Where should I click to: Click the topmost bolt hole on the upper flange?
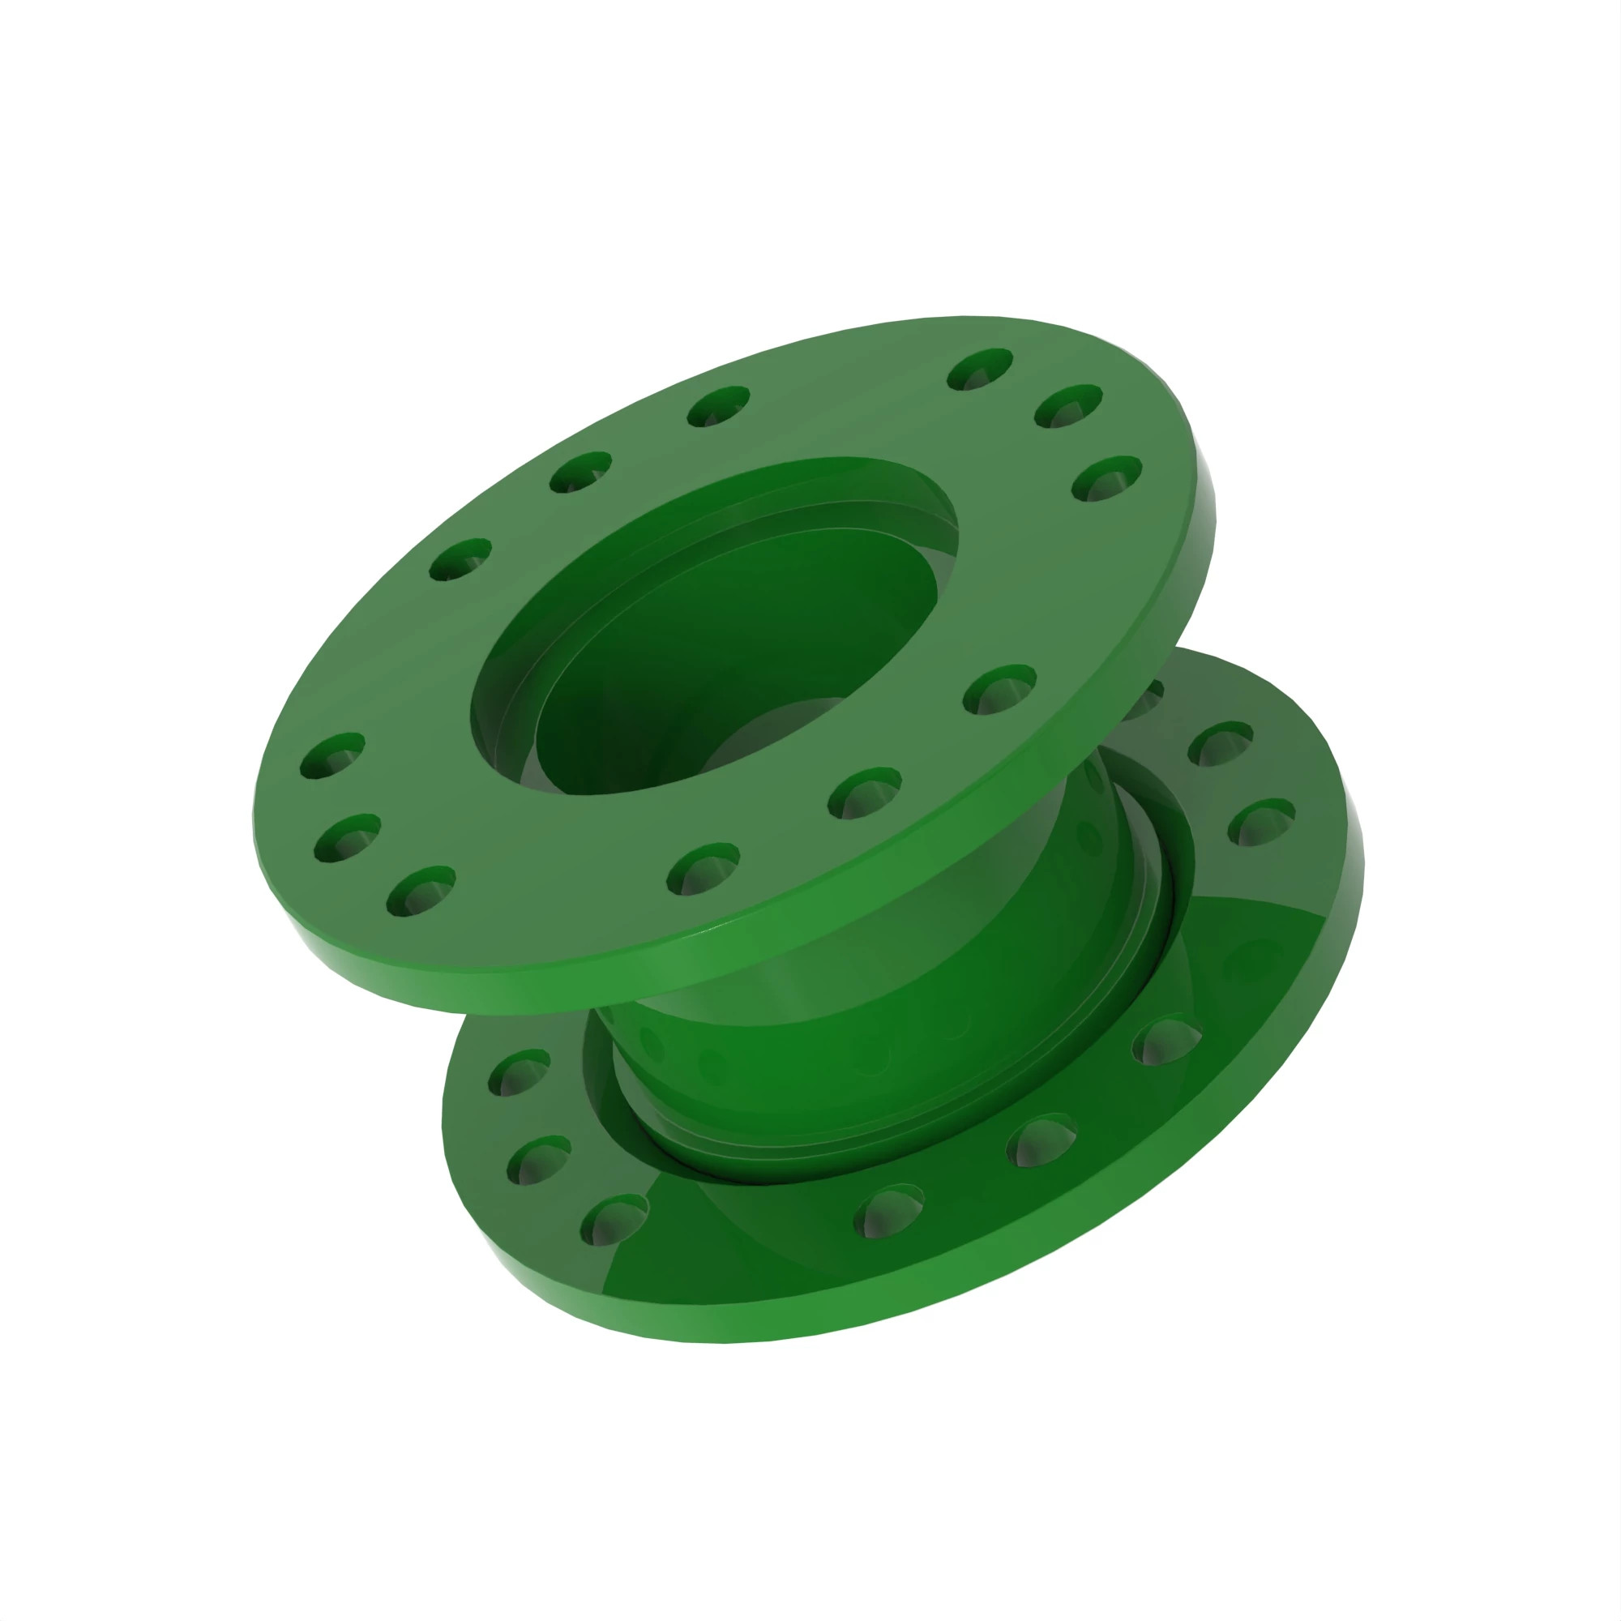979,369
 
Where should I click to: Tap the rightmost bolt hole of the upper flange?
1106,478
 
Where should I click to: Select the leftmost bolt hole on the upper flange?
332,755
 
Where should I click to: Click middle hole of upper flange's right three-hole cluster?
1068,406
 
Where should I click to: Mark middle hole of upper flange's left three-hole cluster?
347,836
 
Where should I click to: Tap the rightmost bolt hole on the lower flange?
1261,821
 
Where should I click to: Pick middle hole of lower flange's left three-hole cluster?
539,1160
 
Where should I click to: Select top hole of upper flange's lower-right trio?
999,689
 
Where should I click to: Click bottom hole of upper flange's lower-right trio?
703,868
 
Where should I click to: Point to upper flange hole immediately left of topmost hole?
718,406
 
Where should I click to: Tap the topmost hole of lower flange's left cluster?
519,1072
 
